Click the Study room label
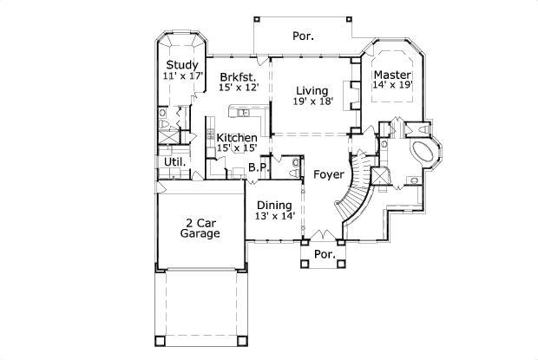click(x=182, y=65)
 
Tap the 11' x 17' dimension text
click(x=182, y=76)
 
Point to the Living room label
click(x=311, y=90)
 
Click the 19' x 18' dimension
click(x=312, y=101)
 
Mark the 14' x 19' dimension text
click(x=392, y=85)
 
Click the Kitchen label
click(x=236, y=138)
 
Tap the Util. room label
click(x=174, y=162)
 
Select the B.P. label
click(x=258, y=167)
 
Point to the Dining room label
click(x=273, y=205)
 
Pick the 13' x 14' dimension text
click(x=275, y=216)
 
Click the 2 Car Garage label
click(x=200, y=227)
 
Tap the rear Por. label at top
click(x=303, y=36)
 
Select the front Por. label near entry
click(x=324, y=255)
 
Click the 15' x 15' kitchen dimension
click(x=236, y=149)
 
